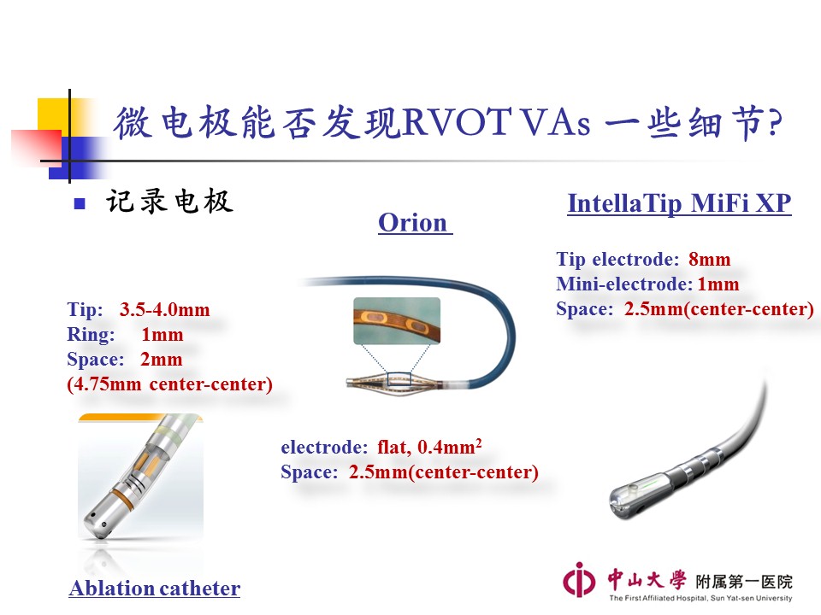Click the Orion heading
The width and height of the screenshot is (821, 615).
coord(413,223)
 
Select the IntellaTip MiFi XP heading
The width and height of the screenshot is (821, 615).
coord(679,203)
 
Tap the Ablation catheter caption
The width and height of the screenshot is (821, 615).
coord(155,589)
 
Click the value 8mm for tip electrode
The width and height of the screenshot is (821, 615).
coord(710,260)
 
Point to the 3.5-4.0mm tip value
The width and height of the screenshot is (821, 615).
coord(164,309)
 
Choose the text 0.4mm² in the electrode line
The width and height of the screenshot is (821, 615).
coord(449,447)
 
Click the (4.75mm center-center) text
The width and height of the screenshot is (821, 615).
coord(169,384)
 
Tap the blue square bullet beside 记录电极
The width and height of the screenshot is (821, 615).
coord(80,203)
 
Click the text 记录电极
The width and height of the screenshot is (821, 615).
coord(169,202)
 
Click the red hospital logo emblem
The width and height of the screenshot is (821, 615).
coord(579,580)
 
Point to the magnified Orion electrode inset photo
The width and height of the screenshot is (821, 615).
coord(397,320)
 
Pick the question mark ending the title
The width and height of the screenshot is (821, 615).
coord(775,123)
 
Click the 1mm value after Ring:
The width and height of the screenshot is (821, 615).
coord(162,335)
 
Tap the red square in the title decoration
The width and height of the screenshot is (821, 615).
coord(37,147)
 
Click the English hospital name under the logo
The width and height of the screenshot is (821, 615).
coord(700,598)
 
